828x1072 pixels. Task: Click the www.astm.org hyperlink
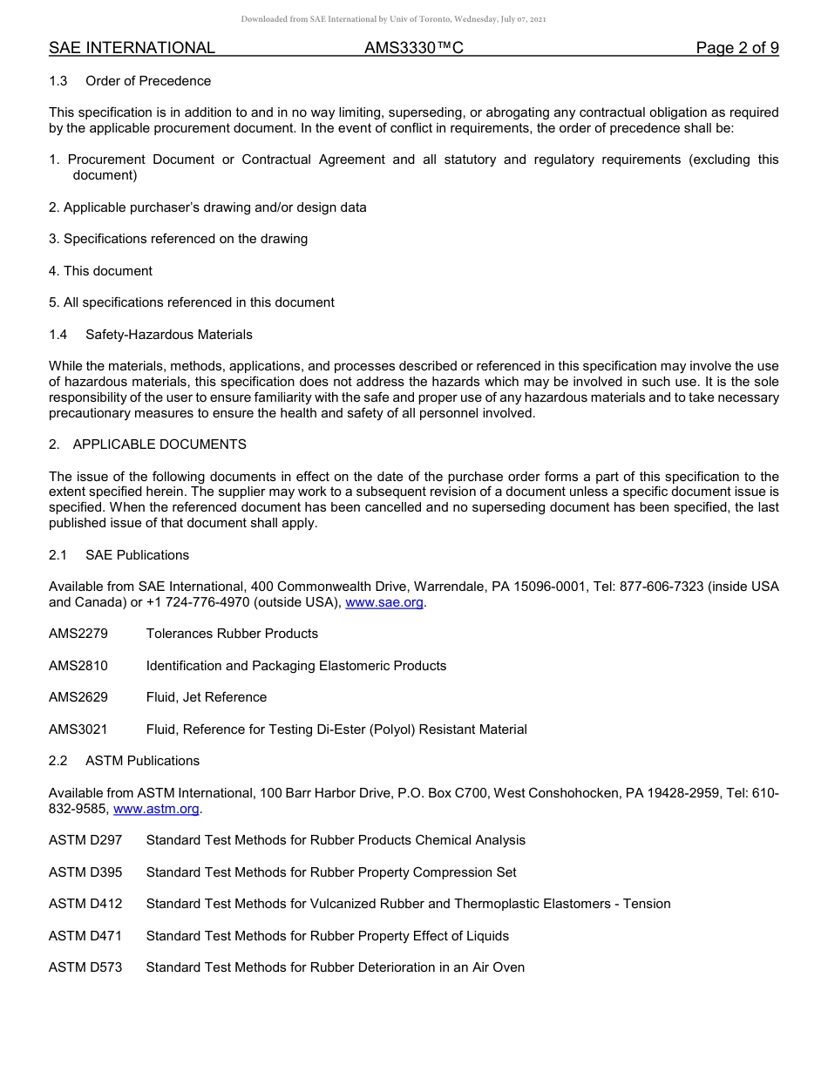(x=157, y=809)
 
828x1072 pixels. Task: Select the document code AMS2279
(x=78, y=634)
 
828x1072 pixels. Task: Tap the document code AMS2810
(x=78, y=666)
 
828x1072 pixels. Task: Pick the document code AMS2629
(x=78, y=697)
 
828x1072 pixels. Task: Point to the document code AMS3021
(x=78, y=729)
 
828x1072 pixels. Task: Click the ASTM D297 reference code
(x=85, y=840)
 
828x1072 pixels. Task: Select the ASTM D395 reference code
(x=85, y=872)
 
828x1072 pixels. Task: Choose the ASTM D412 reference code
(x=85, y=904)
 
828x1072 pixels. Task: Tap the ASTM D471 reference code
(x=85, y=936)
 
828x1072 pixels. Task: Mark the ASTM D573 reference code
(x=85, y=967)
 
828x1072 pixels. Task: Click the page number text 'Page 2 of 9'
(x=736, y=49)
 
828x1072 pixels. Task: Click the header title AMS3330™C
(x=414, y=49)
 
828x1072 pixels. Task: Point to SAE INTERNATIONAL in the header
(x=132, y=49)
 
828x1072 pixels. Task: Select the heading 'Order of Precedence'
(x=148, y=81)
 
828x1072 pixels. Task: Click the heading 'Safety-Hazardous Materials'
(x=169, y=335)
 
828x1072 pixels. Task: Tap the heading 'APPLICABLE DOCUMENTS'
(x=159, y=444)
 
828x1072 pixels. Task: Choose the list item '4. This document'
(x=100, y=271)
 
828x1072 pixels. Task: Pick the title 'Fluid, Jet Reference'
(x=207, y=697)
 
